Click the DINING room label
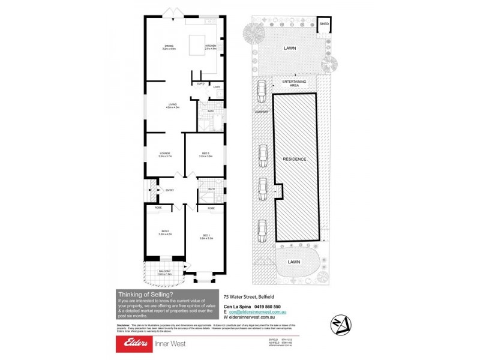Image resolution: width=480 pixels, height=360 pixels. pyautogui.click(x=169, y=46)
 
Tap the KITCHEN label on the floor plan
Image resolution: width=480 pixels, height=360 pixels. pyautogui.click(x=211, y=46)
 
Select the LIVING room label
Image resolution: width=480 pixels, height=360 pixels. pyautogui.click(x=173, y=106)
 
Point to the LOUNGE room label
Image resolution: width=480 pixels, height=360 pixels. pyautogui.click(x=166, y=154)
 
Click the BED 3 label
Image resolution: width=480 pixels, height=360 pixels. pyautogui.click(x=206, y=154)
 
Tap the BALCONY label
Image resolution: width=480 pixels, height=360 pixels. pyautogui.click(x=165, y=272)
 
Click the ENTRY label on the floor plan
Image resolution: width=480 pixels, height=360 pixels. pyautogui.click(x=169, y=191)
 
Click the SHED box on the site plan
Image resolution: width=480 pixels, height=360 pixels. pyautogui.click(x=324, y=25)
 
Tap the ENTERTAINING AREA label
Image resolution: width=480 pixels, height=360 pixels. pyautogui.click(x=295, y=83)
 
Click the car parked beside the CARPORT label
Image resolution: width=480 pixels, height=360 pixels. pyautogui.click(x=262, y=92)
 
